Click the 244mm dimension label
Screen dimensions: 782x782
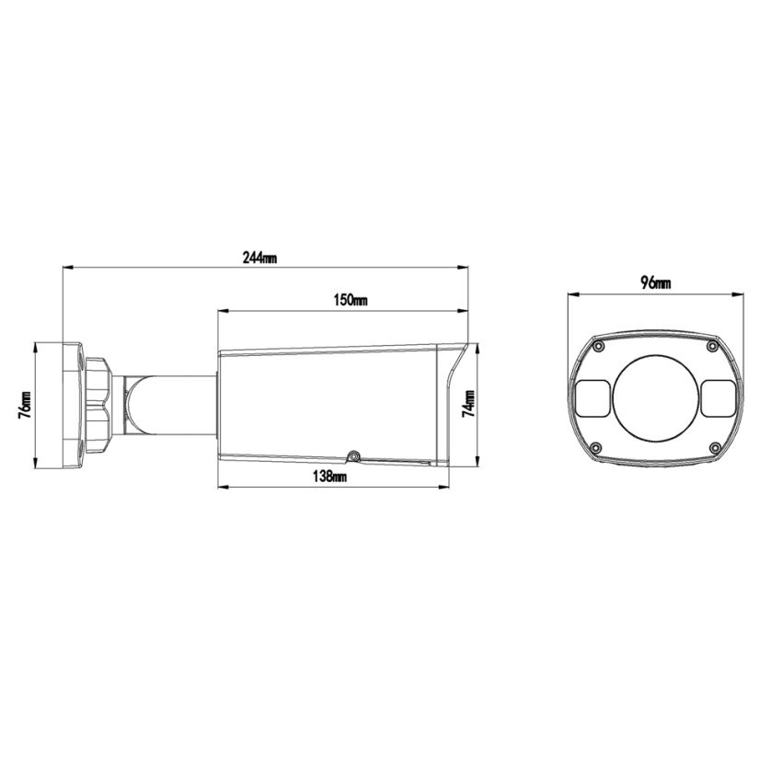(259, 259)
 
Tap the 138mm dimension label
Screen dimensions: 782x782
(329, 477)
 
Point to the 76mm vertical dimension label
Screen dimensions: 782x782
(25, 405)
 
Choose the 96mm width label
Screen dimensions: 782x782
(655, 283)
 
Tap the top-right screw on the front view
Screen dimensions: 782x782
(712, 346)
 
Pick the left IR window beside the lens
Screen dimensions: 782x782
(593, 397)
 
